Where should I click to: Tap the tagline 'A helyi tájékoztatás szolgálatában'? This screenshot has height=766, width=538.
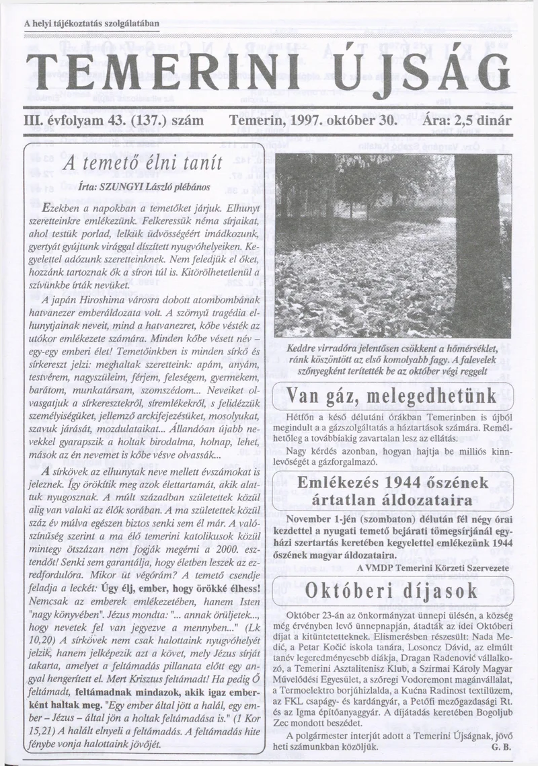pos(91,24)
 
